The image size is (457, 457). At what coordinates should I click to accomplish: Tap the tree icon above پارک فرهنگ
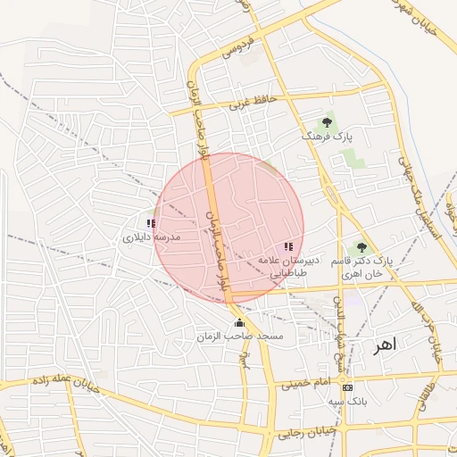(x=328, y=121)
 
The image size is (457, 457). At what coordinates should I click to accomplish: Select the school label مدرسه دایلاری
(x=151, y=238)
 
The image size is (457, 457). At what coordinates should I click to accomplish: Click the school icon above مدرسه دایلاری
(x=151, y=223)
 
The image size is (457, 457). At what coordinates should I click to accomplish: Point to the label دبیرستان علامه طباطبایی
(x=283, y=265)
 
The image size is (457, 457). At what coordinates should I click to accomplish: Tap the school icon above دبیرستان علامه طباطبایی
(x=287, y=245)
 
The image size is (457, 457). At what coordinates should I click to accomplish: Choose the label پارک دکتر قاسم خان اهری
(x=361, y=266)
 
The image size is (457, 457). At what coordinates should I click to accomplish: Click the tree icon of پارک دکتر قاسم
(x=361, y=247)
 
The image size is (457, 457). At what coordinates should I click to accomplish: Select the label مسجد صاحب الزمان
(x=239, y=337)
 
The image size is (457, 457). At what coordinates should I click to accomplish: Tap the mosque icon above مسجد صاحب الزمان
(x=238, y=322)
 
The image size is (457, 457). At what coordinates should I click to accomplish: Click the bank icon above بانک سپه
(x=347, y=387)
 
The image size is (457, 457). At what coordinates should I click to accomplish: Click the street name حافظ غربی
(x=247, y=102)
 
